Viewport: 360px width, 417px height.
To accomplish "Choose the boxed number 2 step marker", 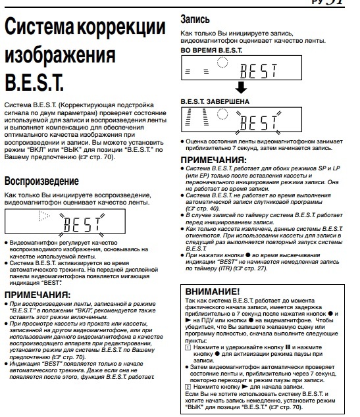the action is tap(187, 386).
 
